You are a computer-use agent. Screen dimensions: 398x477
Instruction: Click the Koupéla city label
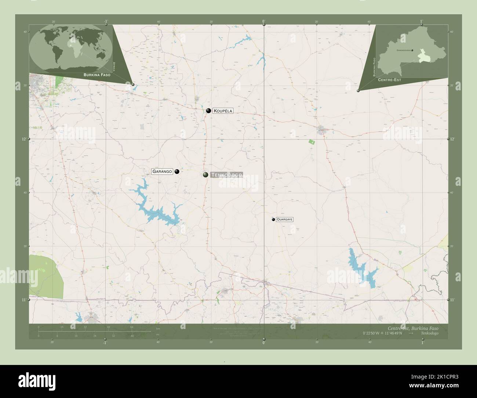click(x=222, y=111)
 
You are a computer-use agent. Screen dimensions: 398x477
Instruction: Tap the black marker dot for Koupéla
click(x=208, y=111)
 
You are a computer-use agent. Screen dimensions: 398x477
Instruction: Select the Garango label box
click(x=162, y=171)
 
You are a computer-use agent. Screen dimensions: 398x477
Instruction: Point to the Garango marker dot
click(x=177, y=171)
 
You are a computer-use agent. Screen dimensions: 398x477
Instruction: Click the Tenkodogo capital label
click(x=227, y=175)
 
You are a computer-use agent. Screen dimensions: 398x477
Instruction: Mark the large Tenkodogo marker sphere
click(x=206, y=175)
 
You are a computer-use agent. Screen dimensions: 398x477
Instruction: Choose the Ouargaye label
click(x=285, y=219)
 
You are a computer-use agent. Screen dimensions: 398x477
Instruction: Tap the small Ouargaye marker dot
click(x=273, y=220)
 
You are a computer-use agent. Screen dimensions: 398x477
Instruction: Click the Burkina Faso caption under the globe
click(x=97, y=75)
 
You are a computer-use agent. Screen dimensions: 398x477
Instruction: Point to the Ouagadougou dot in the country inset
click(x=412, y=50)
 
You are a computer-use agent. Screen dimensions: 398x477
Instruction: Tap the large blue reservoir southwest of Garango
click(x=158, y=211)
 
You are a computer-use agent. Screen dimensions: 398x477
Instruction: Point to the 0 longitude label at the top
click(x=263, y=21)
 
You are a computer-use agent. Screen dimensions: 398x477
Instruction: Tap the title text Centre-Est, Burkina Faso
click(x=412, y=328)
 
